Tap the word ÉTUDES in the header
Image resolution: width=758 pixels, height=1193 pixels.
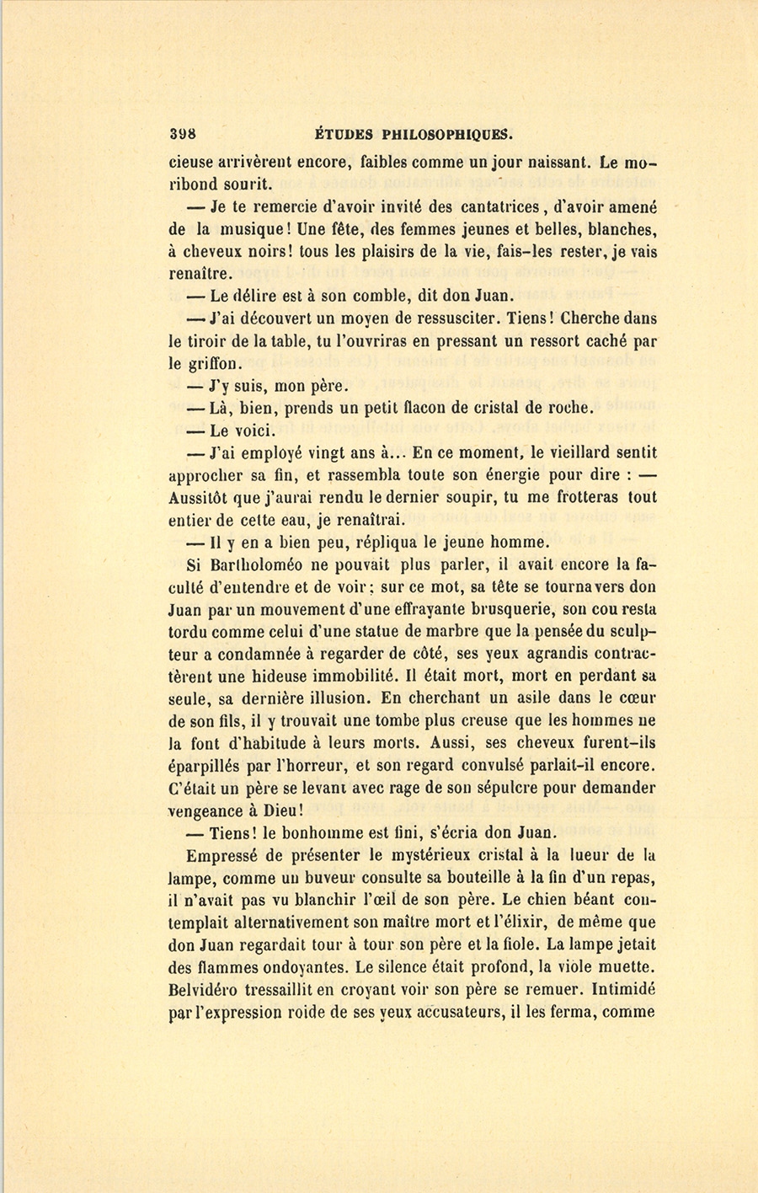(x=343, y=133)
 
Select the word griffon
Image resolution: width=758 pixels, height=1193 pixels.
(x=216, y=364)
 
